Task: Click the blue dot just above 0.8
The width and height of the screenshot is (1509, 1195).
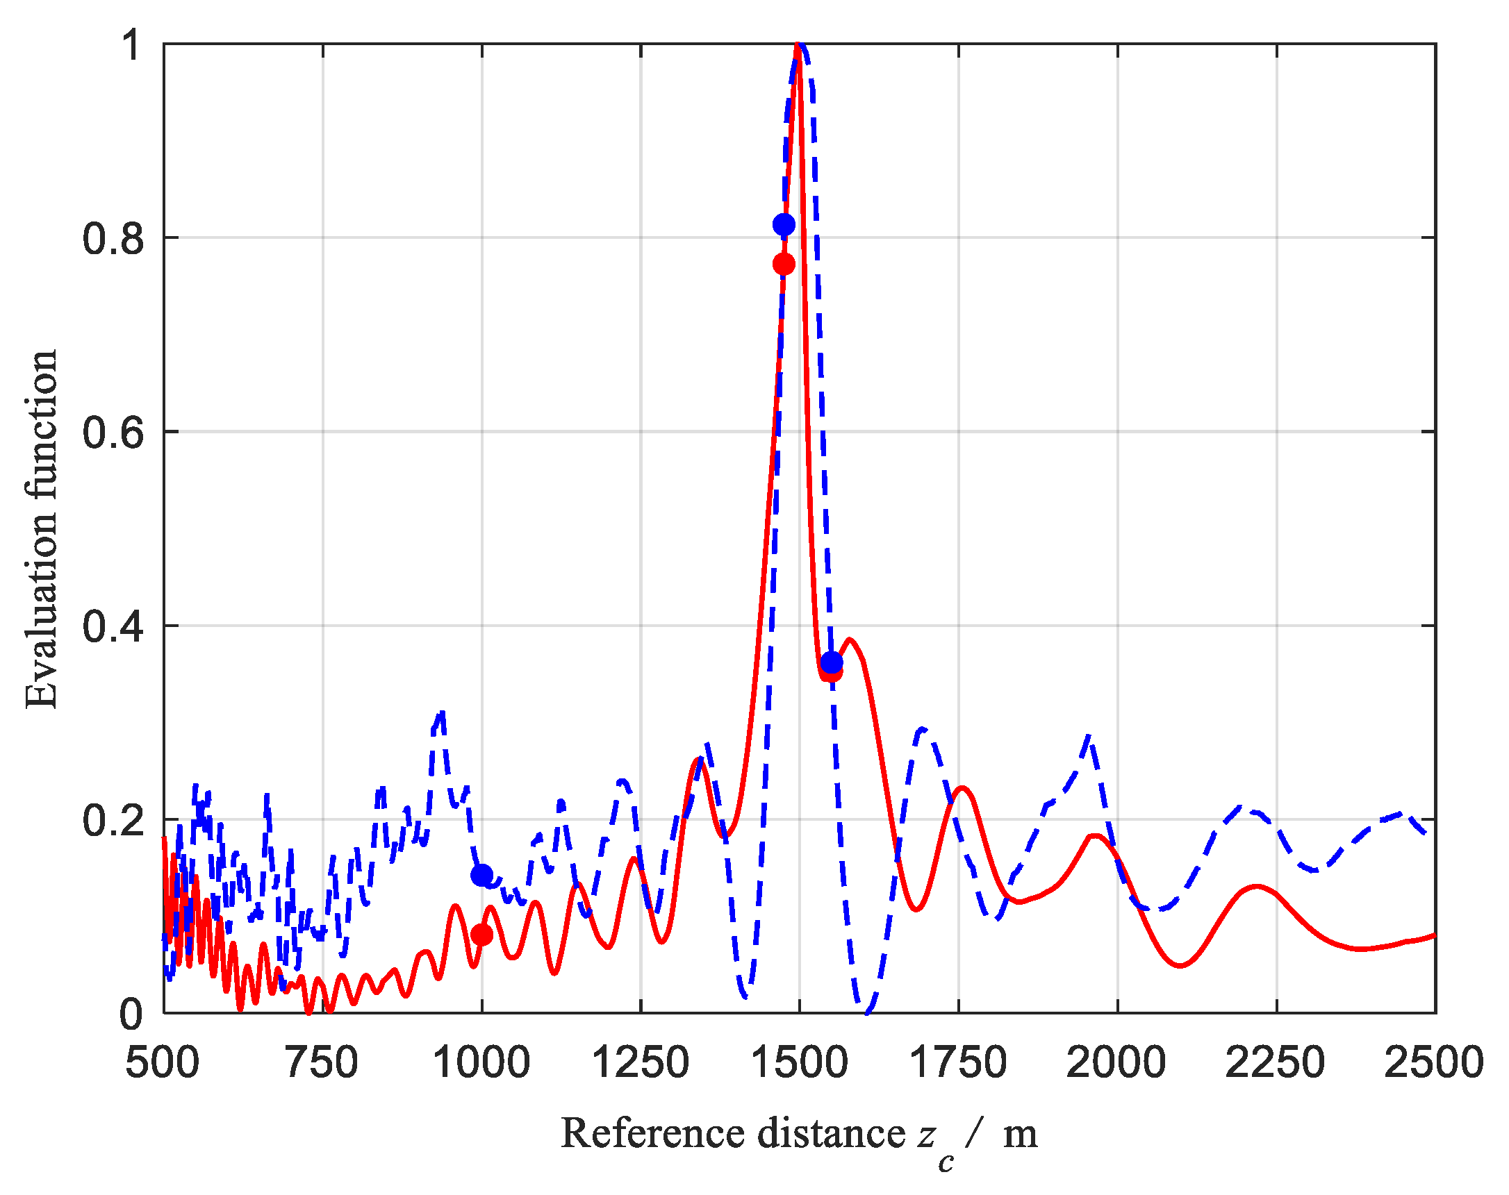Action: [x=784, y=224]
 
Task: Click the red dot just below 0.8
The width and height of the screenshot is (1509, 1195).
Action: [x=784, y=264]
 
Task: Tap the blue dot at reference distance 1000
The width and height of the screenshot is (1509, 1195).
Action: [x=481, y=875]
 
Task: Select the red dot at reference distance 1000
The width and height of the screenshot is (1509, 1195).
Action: [x=481, y=934]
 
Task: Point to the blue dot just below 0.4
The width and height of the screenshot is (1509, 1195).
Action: [x=832, y=662]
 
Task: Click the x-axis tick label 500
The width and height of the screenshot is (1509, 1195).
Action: [x=163, y=1062]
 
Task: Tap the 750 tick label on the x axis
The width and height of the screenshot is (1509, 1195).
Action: [x=322, y=1062]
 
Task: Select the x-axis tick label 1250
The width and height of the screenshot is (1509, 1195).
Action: [x=640, y=1062]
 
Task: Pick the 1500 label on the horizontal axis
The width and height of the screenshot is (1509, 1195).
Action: [x=799, y=1062]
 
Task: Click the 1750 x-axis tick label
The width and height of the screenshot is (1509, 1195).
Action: [x=958, y=1062]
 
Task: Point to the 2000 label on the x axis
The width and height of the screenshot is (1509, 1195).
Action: [x=1116, y=1062]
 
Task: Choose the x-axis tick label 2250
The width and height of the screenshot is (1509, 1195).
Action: [x=1276, y=1062]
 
